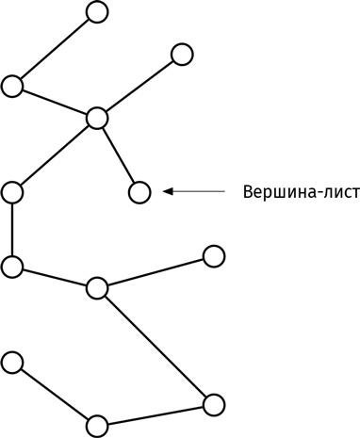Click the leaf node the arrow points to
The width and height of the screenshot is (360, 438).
click(x=139, y=192)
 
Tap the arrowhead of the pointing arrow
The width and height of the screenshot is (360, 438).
click(x=168, y=191)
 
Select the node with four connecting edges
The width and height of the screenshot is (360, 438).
click(x=97, y=118)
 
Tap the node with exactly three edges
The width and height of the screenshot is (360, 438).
click(x=97, y=288)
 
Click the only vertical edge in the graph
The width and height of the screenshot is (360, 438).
click(x=12, y=230)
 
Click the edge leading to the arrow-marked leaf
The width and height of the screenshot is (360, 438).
click(x=118, y=155)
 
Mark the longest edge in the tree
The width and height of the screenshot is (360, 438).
click(x=155, y=347)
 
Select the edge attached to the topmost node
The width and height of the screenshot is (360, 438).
click(x=55, y=48)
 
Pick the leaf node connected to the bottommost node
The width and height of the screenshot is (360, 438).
click(x=12, y=361)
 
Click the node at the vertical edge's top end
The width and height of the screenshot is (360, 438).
click(x=12, y=192)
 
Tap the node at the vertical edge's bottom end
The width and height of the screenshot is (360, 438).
click(x=12, y=267)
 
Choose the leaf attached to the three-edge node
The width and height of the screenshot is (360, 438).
click(x=214, y=255)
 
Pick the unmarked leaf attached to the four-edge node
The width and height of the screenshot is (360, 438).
click(x=182, y=54)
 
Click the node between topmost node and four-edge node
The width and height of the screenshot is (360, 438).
click(x=12, y=86)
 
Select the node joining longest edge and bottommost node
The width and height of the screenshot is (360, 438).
click(x=214, y=404)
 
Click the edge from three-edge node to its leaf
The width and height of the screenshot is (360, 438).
click(x=155, y=272)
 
